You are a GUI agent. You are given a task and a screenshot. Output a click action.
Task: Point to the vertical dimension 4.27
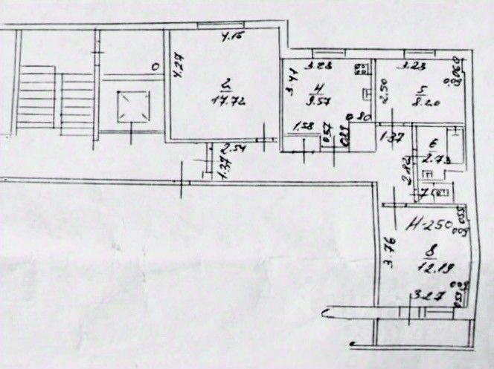(x=177, y=71)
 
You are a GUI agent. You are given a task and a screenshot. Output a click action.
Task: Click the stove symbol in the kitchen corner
(x=362, y=69)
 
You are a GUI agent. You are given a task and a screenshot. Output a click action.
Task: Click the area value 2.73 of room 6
(x=432, y=158)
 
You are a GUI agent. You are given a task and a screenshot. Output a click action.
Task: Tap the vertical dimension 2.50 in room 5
(x=384, y=91)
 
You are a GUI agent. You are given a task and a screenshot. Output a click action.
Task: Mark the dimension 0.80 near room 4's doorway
(x=362, y=117)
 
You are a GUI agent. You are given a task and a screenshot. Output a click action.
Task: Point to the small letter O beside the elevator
(x=154, y=66)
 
